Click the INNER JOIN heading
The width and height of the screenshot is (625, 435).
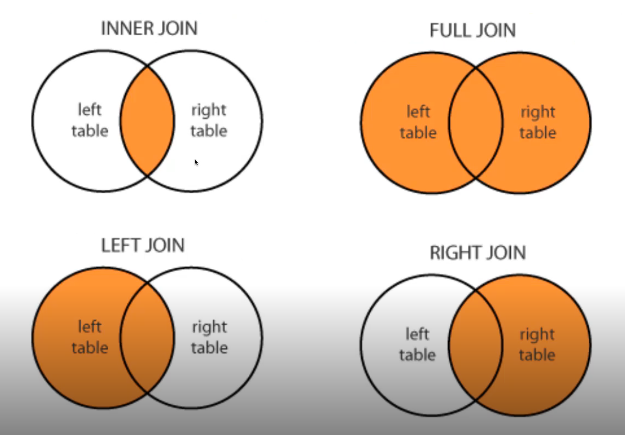coord(149,29)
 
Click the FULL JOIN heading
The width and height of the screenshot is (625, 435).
coord(472,30)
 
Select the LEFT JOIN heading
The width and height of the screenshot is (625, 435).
coord(143,245)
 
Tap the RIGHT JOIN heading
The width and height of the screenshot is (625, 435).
coord(478,252)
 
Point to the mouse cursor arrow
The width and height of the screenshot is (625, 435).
coord(196,162)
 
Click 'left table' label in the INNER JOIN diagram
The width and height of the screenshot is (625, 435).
coord(90,120)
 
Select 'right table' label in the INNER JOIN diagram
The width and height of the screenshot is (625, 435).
coord(209,120)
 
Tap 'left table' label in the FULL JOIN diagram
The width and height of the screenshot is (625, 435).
coord(418,122)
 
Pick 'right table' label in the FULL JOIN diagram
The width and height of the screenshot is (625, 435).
coord(538,122)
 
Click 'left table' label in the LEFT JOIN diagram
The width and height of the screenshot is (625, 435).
coord(90,337)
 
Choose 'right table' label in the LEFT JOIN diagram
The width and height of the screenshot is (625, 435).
coord(209,337)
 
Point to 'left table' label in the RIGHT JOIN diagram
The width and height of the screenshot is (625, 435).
coord(417,344)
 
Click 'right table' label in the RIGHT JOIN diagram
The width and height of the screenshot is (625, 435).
coord(538,344)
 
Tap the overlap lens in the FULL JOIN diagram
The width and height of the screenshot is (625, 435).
coord(476,122)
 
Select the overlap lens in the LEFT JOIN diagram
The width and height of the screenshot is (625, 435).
coord(147,337)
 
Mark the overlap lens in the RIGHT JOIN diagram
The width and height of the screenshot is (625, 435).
coord(476,344)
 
